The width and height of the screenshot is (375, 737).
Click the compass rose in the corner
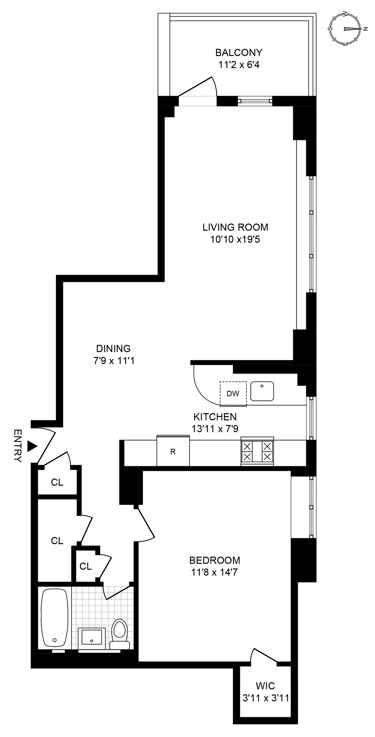click(x=346, y=29)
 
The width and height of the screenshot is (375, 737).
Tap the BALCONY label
click(x=239, y=53)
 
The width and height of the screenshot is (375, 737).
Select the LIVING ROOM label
click(x=235, y=227)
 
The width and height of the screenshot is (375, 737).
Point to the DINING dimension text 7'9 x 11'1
click(x=114, y=361)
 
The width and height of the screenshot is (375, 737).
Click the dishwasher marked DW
click(x=233, y=394)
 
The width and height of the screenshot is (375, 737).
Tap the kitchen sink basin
click(x=262, y=391)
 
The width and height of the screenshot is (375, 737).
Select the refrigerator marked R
click(x=173, y=452)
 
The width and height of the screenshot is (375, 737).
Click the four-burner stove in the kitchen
click(x=257, y=451)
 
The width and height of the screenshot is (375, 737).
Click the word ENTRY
click(x=18, y=446)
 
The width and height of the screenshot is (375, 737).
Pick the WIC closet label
click(x=265, y=686)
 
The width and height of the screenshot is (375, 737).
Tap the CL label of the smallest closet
click(x=86, y=566)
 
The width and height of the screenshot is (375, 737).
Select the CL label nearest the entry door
click(x=57, y=482)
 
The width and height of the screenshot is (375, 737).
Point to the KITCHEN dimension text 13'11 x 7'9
click(x=215, y=429)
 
